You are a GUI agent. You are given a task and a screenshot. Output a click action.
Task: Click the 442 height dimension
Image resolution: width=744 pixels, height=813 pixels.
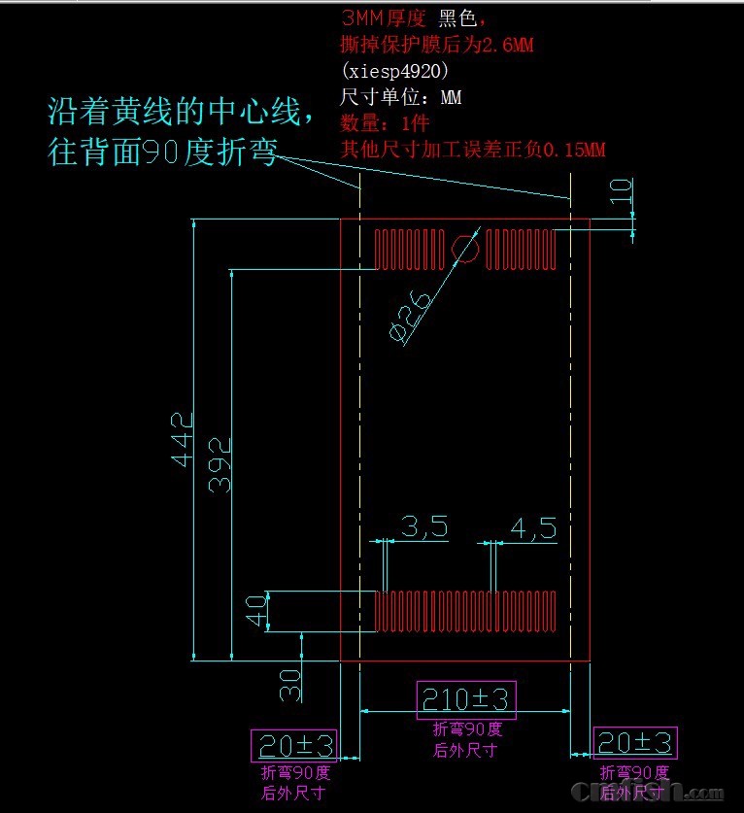click(183, 439)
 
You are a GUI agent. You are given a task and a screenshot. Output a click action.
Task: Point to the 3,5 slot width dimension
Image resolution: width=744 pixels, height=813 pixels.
click(423, 527)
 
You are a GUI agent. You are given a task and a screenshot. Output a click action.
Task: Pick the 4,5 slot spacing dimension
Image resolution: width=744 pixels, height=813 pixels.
click(533, 527)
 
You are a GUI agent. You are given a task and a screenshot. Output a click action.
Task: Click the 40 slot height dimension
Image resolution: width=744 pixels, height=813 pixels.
click(256, 612)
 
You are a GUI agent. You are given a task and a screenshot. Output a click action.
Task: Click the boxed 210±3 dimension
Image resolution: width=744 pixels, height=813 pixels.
click(465, 698)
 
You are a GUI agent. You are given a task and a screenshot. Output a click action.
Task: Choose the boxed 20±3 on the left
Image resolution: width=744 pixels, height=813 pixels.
click(294, 745)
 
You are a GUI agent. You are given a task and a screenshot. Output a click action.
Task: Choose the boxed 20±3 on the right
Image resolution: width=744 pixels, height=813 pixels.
click(635, 743)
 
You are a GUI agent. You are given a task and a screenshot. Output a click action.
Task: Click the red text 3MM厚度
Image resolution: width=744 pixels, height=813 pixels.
click(384, 18)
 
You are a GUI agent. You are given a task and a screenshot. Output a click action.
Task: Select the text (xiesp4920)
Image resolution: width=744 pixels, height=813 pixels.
click(395, 71)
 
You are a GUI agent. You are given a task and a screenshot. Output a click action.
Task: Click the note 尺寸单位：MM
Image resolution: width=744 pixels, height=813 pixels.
click(400, 97)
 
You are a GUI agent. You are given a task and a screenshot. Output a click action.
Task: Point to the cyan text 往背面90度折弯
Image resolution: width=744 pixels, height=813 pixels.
click(163, 152)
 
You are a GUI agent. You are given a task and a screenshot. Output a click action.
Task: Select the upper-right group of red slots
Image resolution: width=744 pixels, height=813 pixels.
click(521, 249)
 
